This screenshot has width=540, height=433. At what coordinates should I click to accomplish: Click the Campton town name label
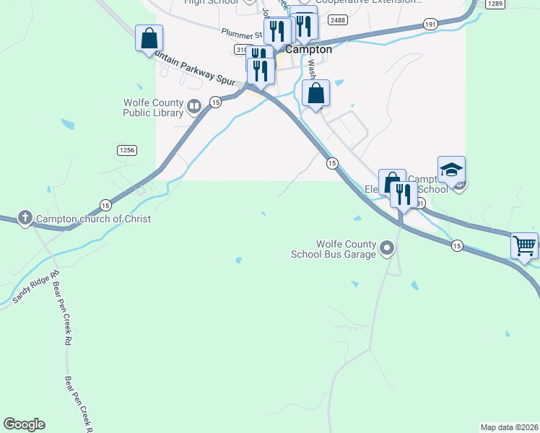(x=308, y=50)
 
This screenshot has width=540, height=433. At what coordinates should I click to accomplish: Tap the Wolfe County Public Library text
(x=153, y=108)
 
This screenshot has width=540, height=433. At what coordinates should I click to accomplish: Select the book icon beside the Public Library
(x=193, y=108)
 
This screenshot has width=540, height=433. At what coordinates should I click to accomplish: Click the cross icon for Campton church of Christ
(x=25, y=218)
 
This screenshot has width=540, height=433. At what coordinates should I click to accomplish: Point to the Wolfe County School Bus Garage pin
(x=387, y=249)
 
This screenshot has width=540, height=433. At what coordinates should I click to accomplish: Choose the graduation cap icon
(x=451, y=170)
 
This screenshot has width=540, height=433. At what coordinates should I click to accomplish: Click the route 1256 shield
(x=126, y=149)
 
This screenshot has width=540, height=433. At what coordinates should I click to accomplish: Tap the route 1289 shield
(x=495, y=4)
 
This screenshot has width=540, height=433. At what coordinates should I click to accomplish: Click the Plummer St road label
(x=241, y=32)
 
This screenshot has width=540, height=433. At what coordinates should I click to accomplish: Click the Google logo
(x=24, y=424)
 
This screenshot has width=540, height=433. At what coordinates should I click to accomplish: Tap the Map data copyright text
(x=509, y=427)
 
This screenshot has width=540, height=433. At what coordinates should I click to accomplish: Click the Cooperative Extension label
(x=369, y=2)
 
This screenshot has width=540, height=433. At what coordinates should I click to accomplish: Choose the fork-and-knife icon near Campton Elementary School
(x=403, y=193)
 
